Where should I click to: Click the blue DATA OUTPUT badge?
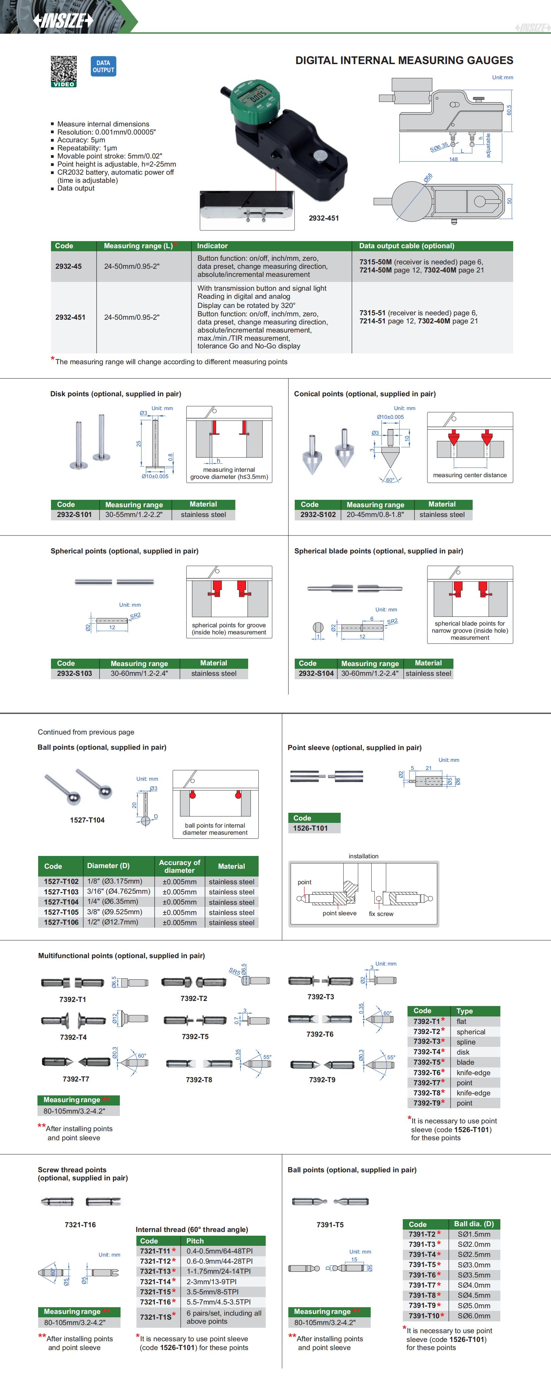(x=103, y=67)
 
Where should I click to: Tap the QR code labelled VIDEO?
(x=63, y=70)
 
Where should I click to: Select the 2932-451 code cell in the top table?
(x=70, y=317)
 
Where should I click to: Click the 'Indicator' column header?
(x=212, y=246)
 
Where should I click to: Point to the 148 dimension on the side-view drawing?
(x=453, y=159)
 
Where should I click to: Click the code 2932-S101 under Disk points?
(x=74, y=515)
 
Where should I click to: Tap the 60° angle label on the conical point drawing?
(x=390, y=480)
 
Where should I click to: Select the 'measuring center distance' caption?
(x=469, y=475)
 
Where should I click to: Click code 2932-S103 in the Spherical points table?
(x=74, y=673)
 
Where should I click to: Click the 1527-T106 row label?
(x=61, y=922)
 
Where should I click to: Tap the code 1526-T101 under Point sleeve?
(x=310, y=828)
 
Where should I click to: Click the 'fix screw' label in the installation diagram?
(x=381, y=914)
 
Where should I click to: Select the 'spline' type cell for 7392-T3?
(x=466, y=1042)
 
